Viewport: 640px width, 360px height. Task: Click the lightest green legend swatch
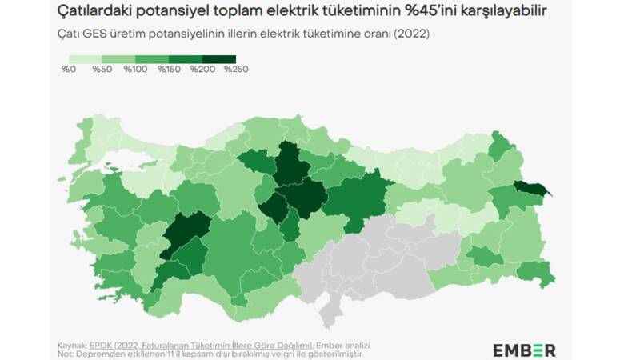click(x=86, y=59)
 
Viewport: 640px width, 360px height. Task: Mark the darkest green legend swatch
click(x=219, y=59)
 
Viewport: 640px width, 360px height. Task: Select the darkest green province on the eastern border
click(x=530, y=189)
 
